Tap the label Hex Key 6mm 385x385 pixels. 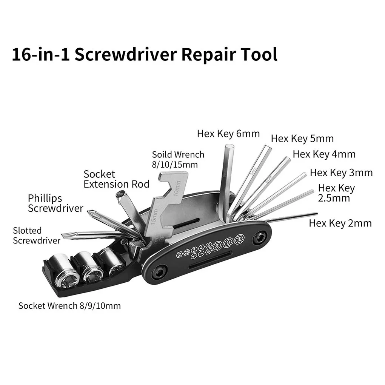(228, 133)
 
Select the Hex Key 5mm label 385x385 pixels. (302, 139)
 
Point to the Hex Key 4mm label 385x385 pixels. (324, 154)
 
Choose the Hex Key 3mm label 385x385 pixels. (341, 172)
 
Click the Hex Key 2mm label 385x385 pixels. (340, 223)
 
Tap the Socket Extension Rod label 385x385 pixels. (116, 179)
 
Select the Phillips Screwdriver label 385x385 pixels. (55, 203)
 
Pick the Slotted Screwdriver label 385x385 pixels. (37, 236)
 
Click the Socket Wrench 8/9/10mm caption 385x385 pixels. (69, 305)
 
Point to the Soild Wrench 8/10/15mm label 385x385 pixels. (178, 159)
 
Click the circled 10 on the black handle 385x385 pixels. (239, 239)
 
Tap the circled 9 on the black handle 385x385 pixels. (228, 243)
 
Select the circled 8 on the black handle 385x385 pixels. (217, 247)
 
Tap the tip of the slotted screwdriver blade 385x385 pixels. (64, 236)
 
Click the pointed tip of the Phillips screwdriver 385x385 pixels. (89, 212)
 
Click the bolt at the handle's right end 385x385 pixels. (259, 238)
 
